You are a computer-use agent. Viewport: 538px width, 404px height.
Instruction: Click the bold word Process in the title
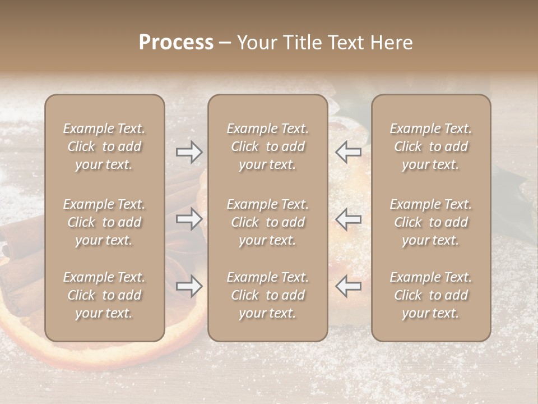(x=176, y=43)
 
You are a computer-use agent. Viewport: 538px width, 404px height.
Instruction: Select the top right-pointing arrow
(x=189, y=152)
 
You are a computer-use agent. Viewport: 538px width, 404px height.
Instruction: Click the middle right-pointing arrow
(x=189, y=219)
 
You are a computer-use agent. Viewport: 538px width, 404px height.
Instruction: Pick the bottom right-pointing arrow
(x=189, y=286)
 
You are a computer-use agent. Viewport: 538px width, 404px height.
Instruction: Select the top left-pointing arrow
(x=348, y=152)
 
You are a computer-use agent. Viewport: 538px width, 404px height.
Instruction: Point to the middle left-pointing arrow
(x=348, y=219)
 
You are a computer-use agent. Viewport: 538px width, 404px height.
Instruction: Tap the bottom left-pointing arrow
(x=348, y=286)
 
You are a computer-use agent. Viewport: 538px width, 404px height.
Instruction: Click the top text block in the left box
(x=104, y=146)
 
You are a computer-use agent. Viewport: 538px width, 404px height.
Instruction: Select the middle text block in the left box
(x=104, y=222)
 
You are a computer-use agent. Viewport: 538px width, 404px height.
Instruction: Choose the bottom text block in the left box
(x=104, y=295)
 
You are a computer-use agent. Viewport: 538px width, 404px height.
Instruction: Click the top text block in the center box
(x=267, y=146)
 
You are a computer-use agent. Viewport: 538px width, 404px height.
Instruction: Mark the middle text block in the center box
(x=267, y=222)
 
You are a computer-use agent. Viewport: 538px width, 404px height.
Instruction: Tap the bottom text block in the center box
(x=267, y=295)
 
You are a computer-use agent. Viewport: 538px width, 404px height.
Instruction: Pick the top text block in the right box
(x=430, y=146)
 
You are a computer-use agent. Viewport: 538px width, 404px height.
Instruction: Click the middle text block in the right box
(x=430, y=222)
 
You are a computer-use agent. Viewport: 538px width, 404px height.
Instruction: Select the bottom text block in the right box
(x=430, y=295)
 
